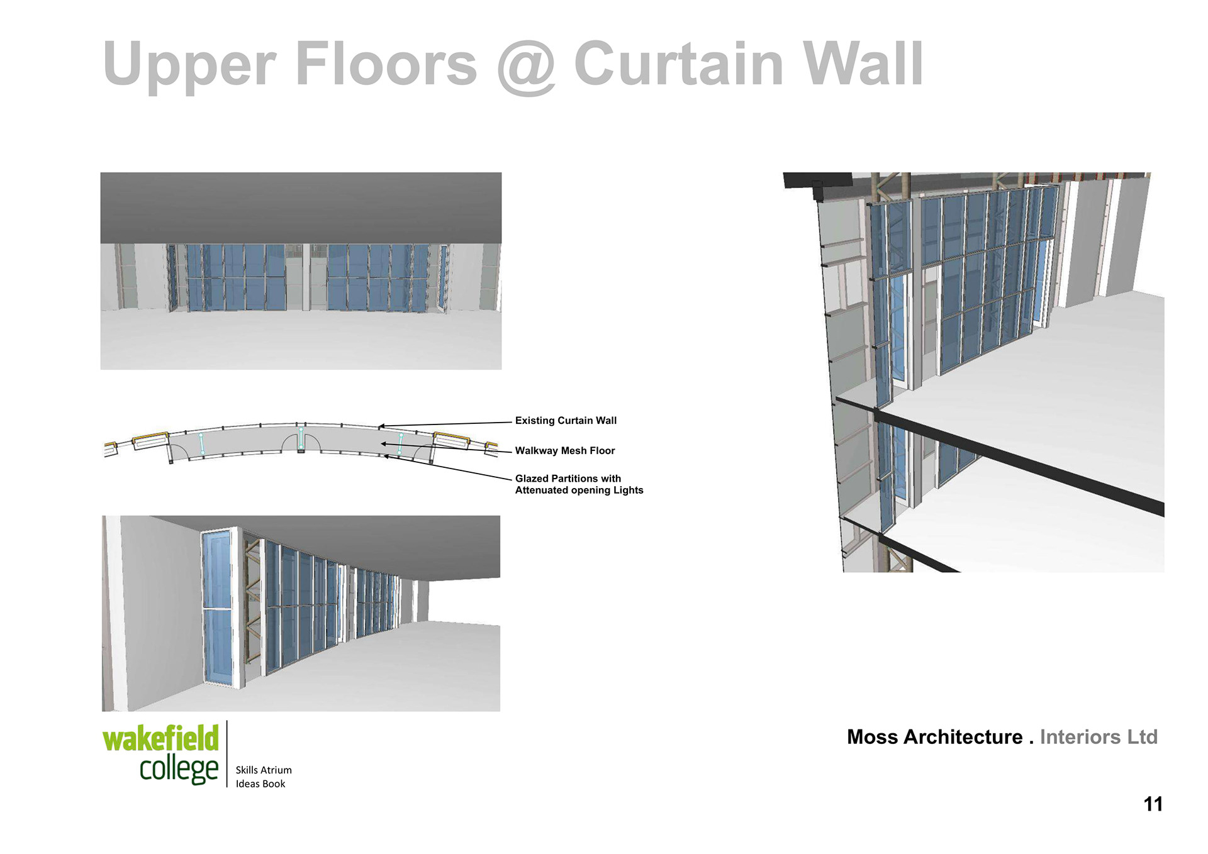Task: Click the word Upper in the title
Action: tap(189, 65)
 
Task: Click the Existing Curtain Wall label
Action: tap(566, 421)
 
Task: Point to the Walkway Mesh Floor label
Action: tap(565, 451)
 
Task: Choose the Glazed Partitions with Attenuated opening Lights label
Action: tap(579, 484)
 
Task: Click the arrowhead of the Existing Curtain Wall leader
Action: tap(381, 427)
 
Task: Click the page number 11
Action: tap(1153, 804)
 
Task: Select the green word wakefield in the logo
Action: tap(160, 738)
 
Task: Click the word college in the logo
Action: tap(179, 769)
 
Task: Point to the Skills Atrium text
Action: tap(264, 770)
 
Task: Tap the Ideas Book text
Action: tap(260, 784)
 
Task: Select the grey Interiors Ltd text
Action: tap(1099, 737)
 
